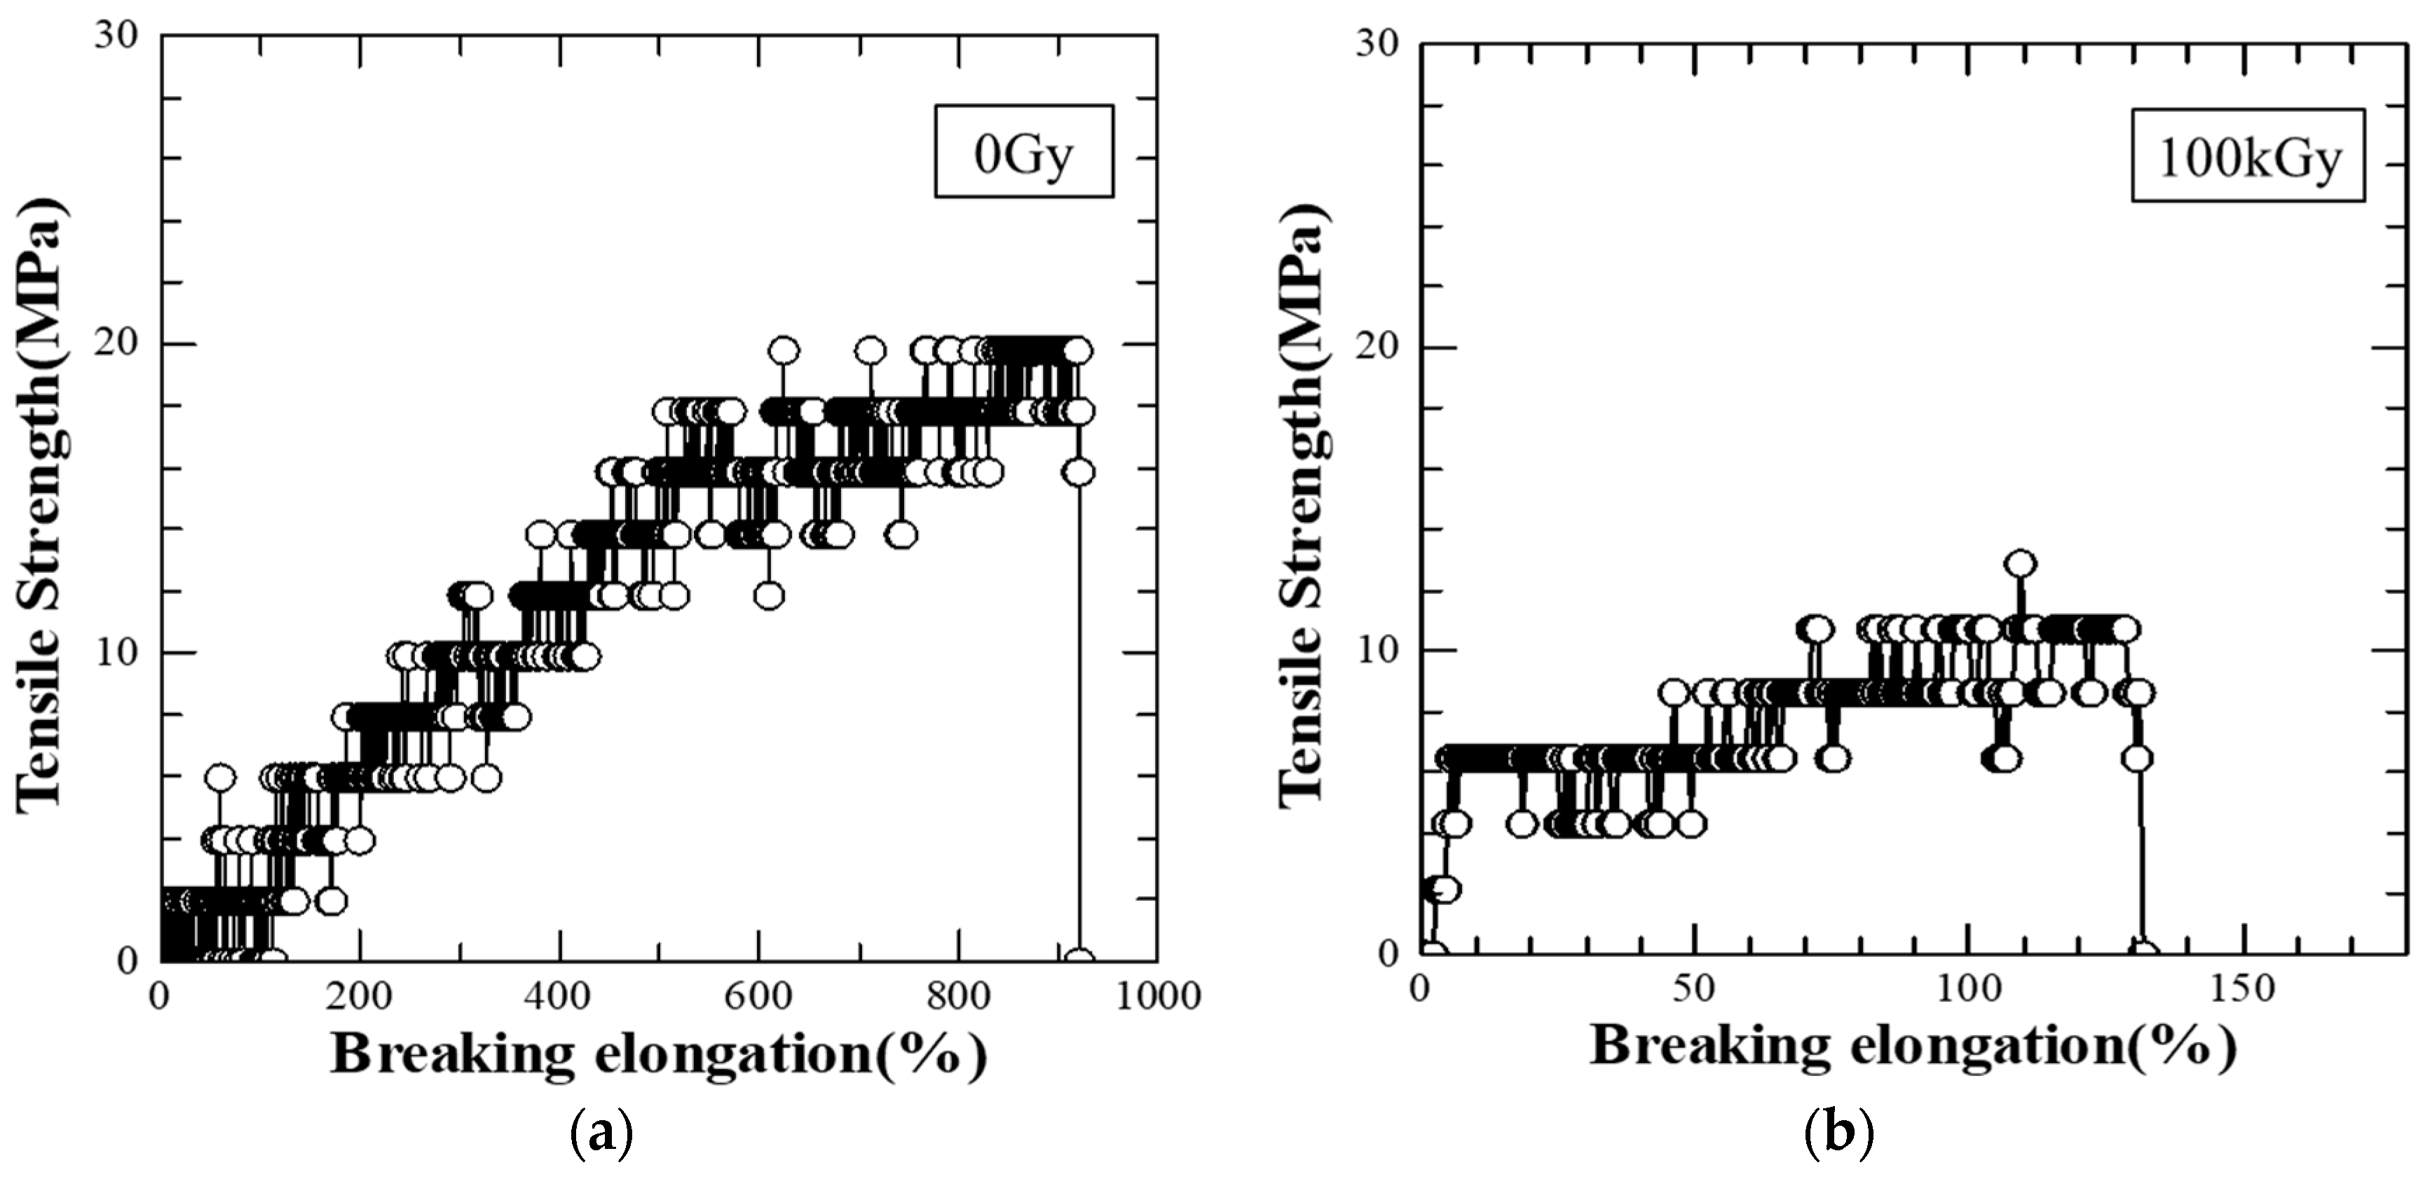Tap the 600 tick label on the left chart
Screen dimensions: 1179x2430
click(759, 996)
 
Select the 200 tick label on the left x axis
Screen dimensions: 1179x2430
click(360, 996)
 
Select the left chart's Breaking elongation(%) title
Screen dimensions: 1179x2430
click(658, 1054)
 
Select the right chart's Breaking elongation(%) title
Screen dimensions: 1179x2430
click(1913, 1047)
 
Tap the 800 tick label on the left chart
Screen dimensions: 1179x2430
click(958, 996)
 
